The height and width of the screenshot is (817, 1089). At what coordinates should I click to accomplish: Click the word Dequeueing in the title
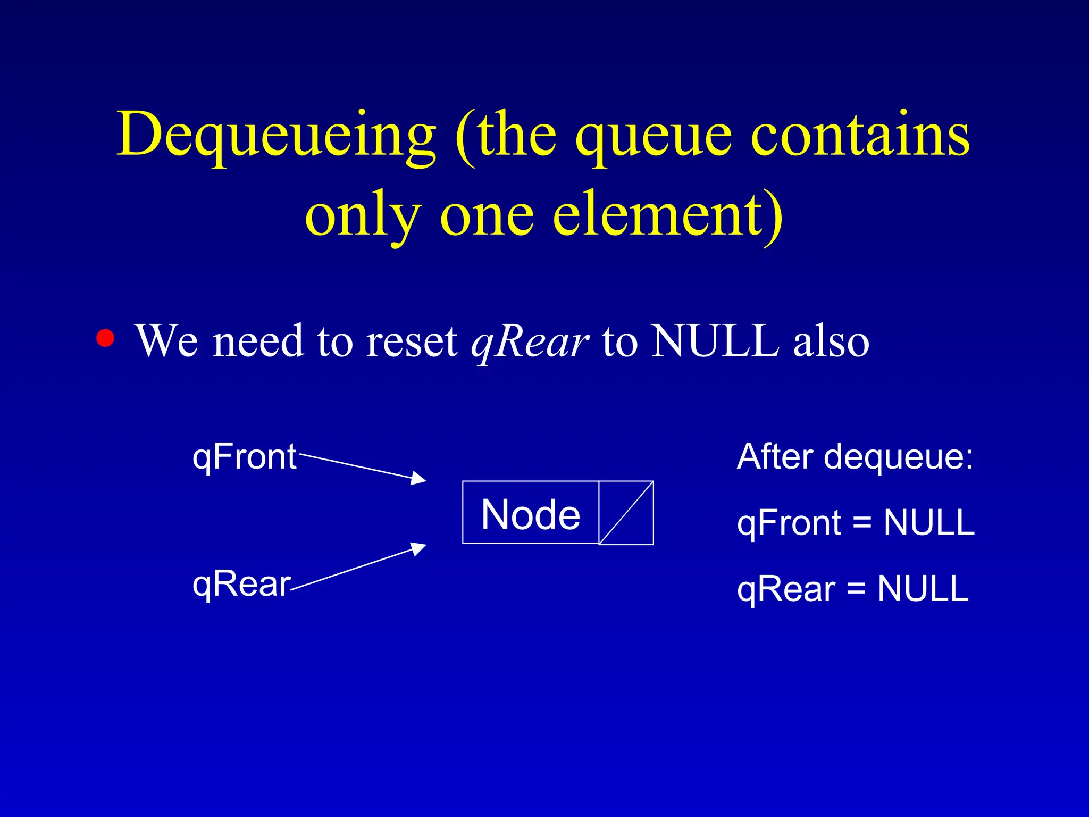(x=277, y=136)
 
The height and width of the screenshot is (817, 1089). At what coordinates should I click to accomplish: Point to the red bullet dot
(x=105, y=338)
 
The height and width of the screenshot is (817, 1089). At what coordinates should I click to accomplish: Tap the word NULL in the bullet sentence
(x=716, y=340)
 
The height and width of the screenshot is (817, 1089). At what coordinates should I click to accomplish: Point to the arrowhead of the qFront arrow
(x=420, y=479)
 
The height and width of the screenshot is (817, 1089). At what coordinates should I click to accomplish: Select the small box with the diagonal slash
(x=626, y=513)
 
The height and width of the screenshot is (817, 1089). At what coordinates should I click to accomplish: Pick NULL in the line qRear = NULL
(x=923, y=589)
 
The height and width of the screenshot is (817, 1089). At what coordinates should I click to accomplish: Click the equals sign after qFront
(x=862, y=523)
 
